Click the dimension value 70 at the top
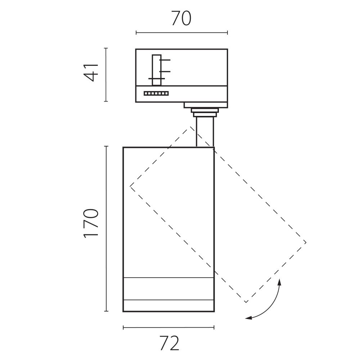click(x=181, y=19)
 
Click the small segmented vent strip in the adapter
click(x=156, y=94)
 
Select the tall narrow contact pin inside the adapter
click(x=156, y=70)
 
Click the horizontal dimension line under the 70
click(x=182, y=33)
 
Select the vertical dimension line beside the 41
click(x=106, y=75)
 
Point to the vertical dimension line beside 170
click(x=106, y=229)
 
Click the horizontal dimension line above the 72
click(x=168, y=327)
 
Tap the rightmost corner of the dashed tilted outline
click(x=306, y=242)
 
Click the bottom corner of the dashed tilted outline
click(x=246, y=302)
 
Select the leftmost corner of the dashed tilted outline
click(x=130, y=186)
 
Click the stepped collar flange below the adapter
click(x=205, y=112)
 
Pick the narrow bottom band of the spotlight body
click(x=168, y=306)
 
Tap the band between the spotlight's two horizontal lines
click(x=168, y=289)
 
